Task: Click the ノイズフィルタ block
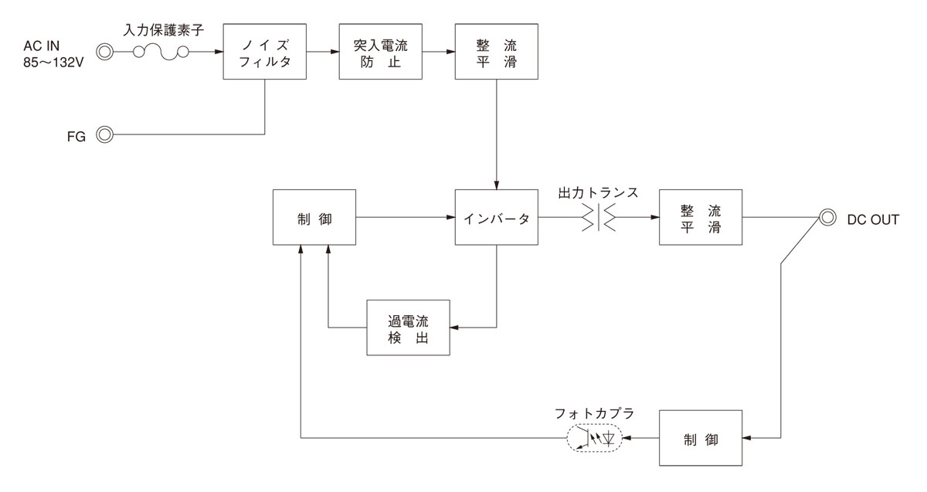coord(265,51)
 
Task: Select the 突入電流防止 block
coord(381,51)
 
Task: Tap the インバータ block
coord(497,217)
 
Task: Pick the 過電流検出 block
coord(409,327)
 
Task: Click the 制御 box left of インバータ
coord(314,217)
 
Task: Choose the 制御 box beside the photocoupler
coord(701,438)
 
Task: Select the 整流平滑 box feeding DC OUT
coord(701,217)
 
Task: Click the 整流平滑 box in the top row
coord(497,51)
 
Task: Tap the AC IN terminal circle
coord(105,52)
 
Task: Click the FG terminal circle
coord(105,134)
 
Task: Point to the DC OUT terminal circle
coord(827,217)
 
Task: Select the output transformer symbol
coord(599,217)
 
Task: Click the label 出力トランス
coord(598,193)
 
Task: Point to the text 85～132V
coord(53,63)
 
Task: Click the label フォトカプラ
coord(594,413)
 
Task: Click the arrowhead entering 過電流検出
coord(455,327)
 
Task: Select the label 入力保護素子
coord(164,30)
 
